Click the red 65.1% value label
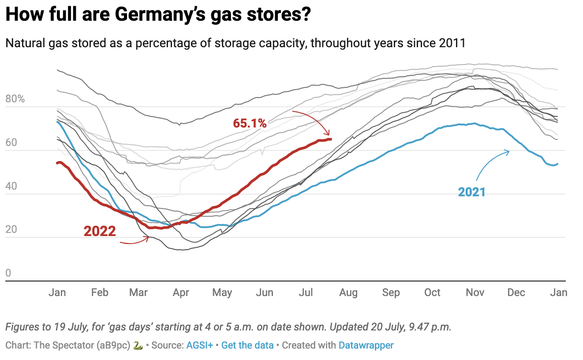[250, 124]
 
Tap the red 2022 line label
[100, 231]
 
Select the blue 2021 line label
[471, 192]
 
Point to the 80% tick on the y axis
[15, 99]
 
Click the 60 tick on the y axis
[11, 142]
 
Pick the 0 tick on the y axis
[8, 273]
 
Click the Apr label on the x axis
[181, 292]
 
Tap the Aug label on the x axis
[348, 292]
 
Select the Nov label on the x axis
[475, 292]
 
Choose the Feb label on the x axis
[100, 292]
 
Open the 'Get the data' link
[247, 345]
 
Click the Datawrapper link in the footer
[366, 345]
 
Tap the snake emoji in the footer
[138, 345]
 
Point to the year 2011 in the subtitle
[452, 43]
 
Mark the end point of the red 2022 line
[331, 139]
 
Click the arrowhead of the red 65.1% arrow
[327, 134]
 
